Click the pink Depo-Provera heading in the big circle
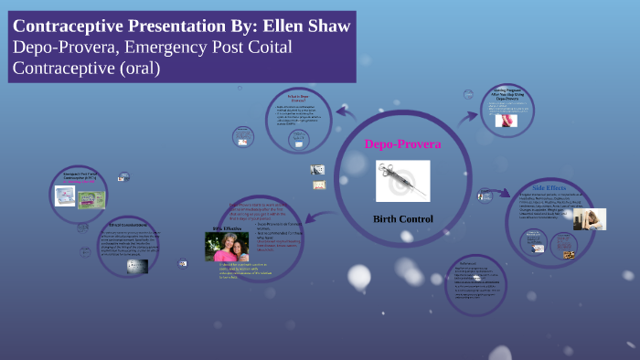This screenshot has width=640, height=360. pyautogui.click(x=402, y=144)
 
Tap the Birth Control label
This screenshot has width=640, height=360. pyautogui.click(x=402, y=218)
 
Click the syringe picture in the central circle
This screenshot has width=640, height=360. pyautogui.click(x=402, y=180)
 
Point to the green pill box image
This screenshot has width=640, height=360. pyautogui.click(x=94, y=198)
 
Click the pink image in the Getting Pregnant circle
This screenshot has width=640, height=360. pyautogui.click(x=506, y=120)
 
